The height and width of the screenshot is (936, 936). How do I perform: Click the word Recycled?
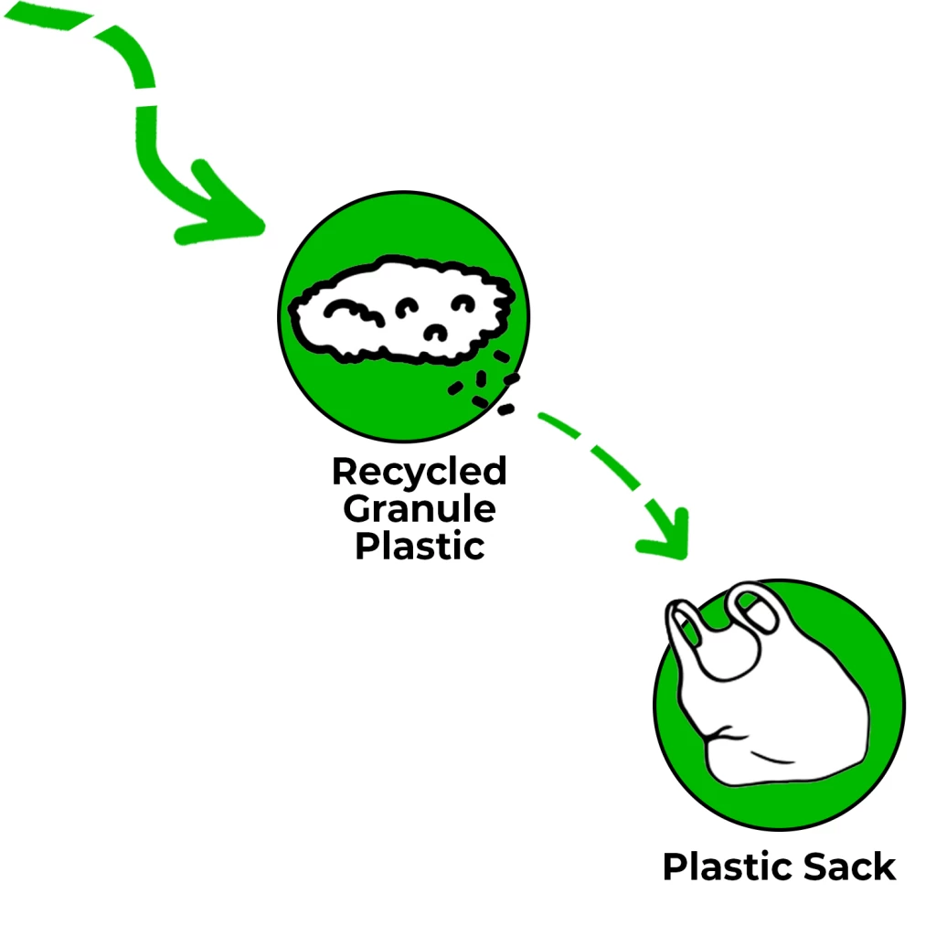[419, 472]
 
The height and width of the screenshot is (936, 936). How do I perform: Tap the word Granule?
[419, 508]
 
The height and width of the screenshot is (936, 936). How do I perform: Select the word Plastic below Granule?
[419, 546]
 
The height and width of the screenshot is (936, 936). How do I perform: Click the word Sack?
[849, 867]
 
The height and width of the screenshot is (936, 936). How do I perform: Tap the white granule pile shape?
[401, 311]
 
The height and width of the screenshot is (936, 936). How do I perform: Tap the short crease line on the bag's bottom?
[772, 759]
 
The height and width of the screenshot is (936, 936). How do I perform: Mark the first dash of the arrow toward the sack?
[558, 424]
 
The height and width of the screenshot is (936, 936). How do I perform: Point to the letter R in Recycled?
[345, 473]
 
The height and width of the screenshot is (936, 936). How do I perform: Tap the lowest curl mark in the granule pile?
[435, 333]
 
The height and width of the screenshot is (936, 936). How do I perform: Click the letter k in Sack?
[885, 867]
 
